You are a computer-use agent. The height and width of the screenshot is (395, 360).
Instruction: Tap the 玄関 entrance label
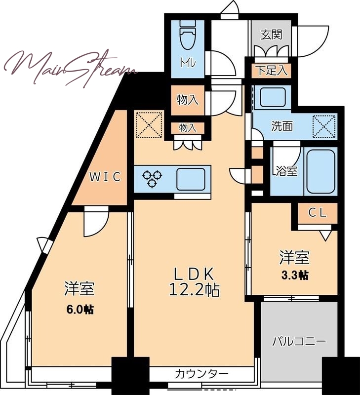pyautogui.click(x=271, y=35)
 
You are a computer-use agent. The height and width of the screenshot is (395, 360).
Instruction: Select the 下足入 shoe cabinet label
pyautogui.click(x=272, y=70)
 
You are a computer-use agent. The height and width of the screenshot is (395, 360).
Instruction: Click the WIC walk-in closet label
pyautogui.click(x=105, y=177)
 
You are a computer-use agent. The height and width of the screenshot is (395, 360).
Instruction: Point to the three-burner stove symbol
pyautogui.click(x=152, y=179)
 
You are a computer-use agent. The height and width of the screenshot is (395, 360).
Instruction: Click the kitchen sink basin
pyautogui.click(x=191, y=179)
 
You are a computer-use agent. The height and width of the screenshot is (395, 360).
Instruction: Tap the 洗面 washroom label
pyautogui.click(x=282, y=126)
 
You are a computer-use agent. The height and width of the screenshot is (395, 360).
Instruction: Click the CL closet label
pyautogui.click(x=318, y=213)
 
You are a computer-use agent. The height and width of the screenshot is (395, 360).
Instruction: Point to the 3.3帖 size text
pyautogui.click(x=295, y=276)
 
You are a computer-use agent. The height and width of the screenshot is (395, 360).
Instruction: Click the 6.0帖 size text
pyautogui.click(x=80, y=310)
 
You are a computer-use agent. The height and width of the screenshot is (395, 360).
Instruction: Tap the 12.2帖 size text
pyautogui.click(x=194, y=290)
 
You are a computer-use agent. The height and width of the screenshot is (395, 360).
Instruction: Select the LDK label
pyautogui.click(x=194, y=274)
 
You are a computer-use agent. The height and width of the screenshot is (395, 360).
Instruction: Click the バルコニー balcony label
pyautogui.click(x=299, y=342)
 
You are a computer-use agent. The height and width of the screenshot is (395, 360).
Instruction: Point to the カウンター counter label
pyautogui.click(x=201, y=374)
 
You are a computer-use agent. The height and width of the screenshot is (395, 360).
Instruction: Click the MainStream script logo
pyautogui.click(x=71, y=68)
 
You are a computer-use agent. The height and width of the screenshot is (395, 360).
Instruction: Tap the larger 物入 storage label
pyautogui.click(x=188, y=100)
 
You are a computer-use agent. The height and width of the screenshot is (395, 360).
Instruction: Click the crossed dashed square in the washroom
pyautogui.click(x=324, y=127)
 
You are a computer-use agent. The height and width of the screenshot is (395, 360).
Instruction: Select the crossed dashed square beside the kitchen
pyautogui.click(x=149, y=125)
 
